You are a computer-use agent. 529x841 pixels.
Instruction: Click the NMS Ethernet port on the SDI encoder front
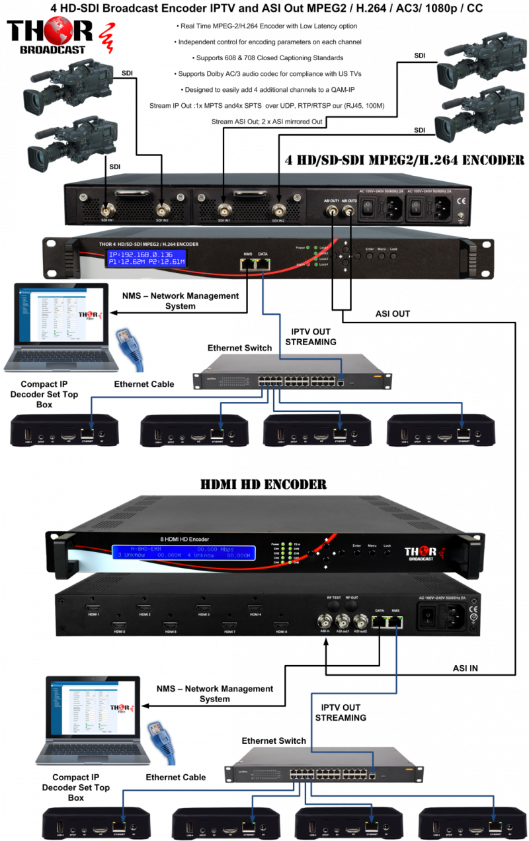click(248, 263)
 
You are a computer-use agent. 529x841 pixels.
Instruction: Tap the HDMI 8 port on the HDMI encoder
click(281, 624)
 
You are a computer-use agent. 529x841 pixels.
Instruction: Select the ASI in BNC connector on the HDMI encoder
click(325, 621)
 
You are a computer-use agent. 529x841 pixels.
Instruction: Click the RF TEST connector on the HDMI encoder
click(334, 604)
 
